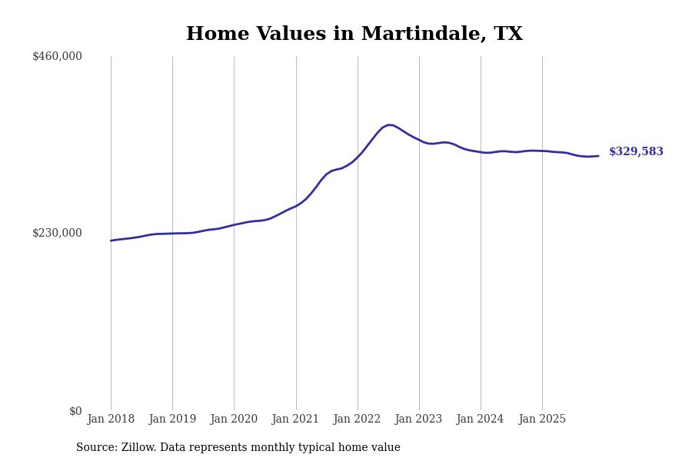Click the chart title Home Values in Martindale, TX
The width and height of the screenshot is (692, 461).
pos(354,35)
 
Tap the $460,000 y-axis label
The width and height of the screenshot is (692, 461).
pos(57,56)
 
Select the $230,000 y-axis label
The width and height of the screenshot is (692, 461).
pos(57,233)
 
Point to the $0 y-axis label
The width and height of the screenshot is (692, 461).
pos(75,411)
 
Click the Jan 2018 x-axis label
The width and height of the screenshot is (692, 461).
pos(111,420)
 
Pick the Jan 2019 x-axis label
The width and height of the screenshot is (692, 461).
pos(172,420)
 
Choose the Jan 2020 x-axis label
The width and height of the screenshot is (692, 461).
pos(234,420)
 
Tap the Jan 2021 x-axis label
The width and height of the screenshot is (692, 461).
pos(295,420)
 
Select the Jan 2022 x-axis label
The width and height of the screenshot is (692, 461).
pos(357,420)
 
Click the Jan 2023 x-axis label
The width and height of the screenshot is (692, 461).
pos(418,420)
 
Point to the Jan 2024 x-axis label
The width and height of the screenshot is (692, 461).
pos(480,420)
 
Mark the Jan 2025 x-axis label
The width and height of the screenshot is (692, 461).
pos(542,420)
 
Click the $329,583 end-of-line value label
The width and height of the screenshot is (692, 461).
pos(636,152)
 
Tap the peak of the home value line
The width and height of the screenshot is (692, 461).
pos(390,124)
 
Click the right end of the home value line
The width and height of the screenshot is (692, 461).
pos(598,156)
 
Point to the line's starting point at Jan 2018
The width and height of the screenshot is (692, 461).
pos(111,240)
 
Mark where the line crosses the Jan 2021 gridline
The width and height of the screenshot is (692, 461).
pos(296,206)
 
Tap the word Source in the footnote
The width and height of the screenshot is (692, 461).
pos(96,448)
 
